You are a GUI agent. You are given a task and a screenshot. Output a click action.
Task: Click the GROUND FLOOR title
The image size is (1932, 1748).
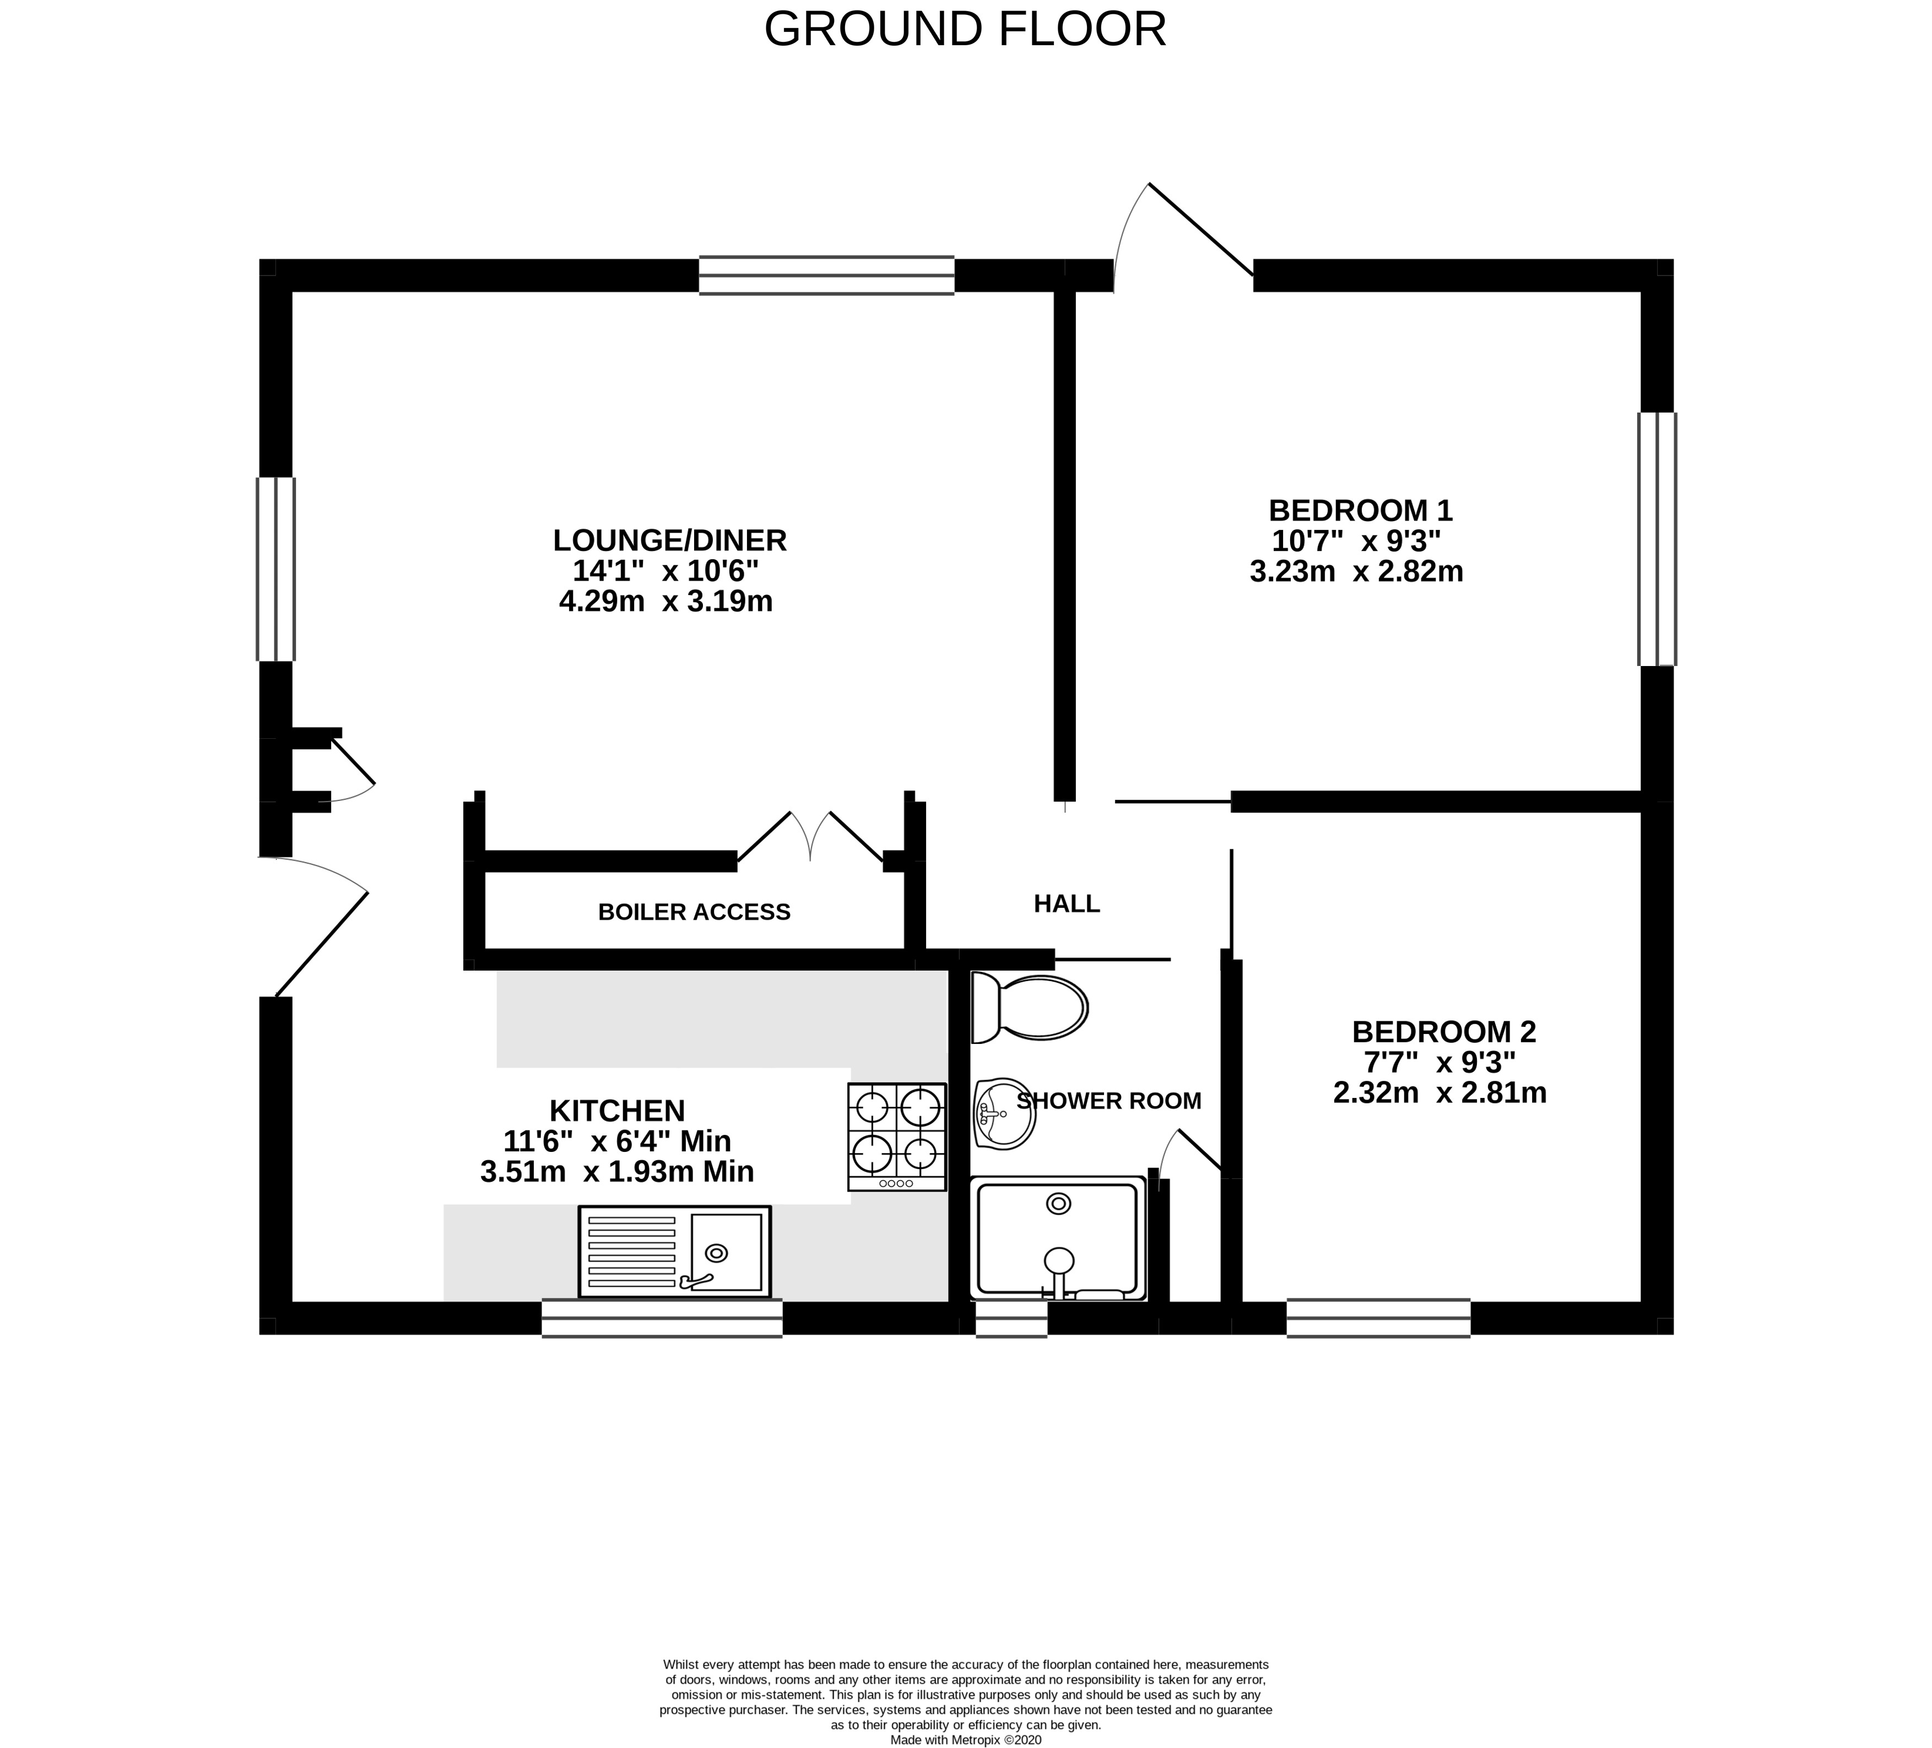(x=965, y=29)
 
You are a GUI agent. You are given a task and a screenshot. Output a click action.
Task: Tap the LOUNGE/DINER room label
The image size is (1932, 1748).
(x=670, y=540)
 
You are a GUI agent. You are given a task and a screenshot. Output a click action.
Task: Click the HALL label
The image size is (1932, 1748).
(x=1067, y=903)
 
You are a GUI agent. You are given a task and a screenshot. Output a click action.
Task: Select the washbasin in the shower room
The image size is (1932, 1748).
(x=1004, y=1113)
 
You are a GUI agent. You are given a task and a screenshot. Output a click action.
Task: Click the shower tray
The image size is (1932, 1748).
(x=1058, y=1239)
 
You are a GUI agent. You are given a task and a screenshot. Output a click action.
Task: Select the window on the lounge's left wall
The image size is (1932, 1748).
(x=276, y=569)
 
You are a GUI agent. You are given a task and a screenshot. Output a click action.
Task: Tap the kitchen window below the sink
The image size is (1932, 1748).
(x=662, y=1318)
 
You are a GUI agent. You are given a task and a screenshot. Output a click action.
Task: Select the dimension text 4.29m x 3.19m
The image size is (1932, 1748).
(x=666, y=602)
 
